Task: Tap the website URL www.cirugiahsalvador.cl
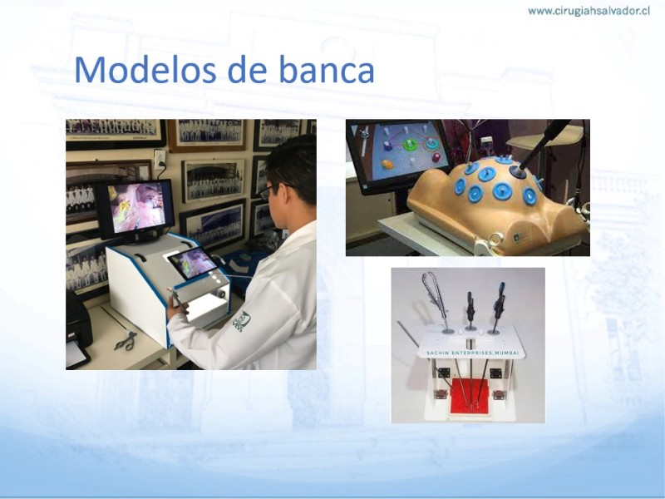[x=589, y=11]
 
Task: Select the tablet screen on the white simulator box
[x=194, y=263]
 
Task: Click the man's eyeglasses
[x=272, y=191]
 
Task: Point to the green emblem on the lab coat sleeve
[x=243, y=321]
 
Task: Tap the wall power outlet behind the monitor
[x=160, y=159]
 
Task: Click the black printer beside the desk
[x=77, y=331]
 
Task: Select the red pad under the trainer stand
[x=469, y=394]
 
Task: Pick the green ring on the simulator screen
[x=410, y=145]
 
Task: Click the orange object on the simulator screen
[x=387, y=163]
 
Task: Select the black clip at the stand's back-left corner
[x=444, y=373]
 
